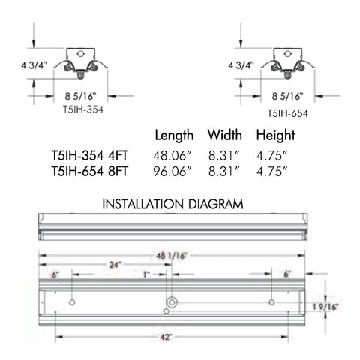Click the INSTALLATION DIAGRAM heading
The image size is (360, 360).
172,203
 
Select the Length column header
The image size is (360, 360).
175,136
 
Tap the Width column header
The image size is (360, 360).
224,136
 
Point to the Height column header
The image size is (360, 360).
275,136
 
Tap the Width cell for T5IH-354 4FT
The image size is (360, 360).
224,155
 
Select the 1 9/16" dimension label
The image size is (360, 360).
328,306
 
